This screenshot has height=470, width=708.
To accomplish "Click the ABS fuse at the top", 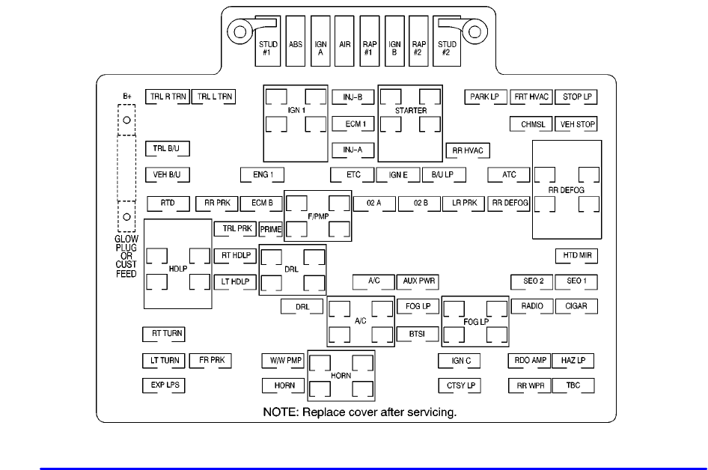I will point(296,44).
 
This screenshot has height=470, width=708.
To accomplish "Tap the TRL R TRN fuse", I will point(168,97).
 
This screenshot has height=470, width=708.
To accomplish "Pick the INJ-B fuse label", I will point(353,97).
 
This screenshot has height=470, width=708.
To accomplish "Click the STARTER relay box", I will point(410,111).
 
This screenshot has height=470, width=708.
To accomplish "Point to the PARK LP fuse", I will point(485,97).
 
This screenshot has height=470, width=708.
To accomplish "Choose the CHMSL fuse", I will point(532,124).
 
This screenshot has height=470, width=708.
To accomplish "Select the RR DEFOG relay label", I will point(566,190).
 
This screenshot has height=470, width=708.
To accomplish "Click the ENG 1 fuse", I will point(263,175).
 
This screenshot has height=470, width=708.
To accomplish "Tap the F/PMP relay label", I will point(318,216).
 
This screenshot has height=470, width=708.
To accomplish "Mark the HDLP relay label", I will point(178,269).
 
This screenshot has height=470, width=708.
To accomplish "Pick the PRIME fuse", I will point(271,229).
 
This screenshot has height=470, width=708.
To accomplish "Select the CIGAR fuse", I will point(576,306).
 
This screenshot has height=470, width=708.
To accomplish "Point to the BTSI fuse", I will point(418,334).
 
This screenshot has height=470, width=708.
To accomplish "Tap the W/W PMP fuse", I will point(283,361).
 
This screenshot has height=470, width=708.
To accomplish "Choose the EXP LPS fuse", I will point(163,385).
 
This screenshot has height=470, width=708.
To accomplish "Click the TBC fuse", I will point(573,385).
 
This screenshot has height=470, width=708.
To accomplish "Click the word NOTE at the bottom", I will point(278,412).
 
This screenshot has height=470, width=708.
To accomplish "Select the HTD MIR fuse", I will point(576,255).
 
